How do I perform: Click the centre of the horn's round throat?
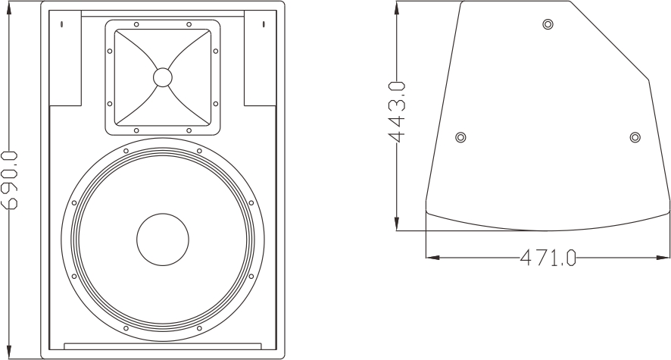(x=163, y=77)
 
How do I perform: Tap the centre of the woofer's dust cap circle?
(x=163, y=239)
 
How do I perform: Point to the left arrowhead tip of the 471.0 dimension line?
(x=426, y=258)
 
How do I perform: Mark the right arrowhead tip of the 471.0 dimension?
(x=669, y=258)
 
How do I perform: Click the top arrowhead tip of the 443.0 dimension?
(x=397, y=2)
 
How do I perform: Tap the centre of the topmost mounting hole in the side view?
(x=548, y=24)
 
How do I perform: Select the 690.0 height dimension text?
(x=10, y=180)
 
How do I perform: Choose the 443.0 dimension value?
(x=397, y=111)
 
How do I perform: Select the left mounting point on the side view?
(x=460, y=137)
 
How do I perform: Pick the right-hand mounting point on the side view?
(x=635, y=137)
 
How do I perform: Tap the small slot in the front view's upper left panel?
(x=62, y=24)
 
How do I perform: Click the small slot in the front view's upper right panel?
(x=264, y=24)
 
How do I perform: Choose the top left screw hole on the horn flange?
(x=136, y=24)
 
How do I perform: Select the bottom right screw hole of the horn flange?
(x=189, y=130)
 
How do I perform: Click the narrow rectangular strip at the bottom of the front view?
(x=163, y=346)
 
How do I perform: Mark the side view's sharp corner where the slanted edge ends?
(x=649, y=80)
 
